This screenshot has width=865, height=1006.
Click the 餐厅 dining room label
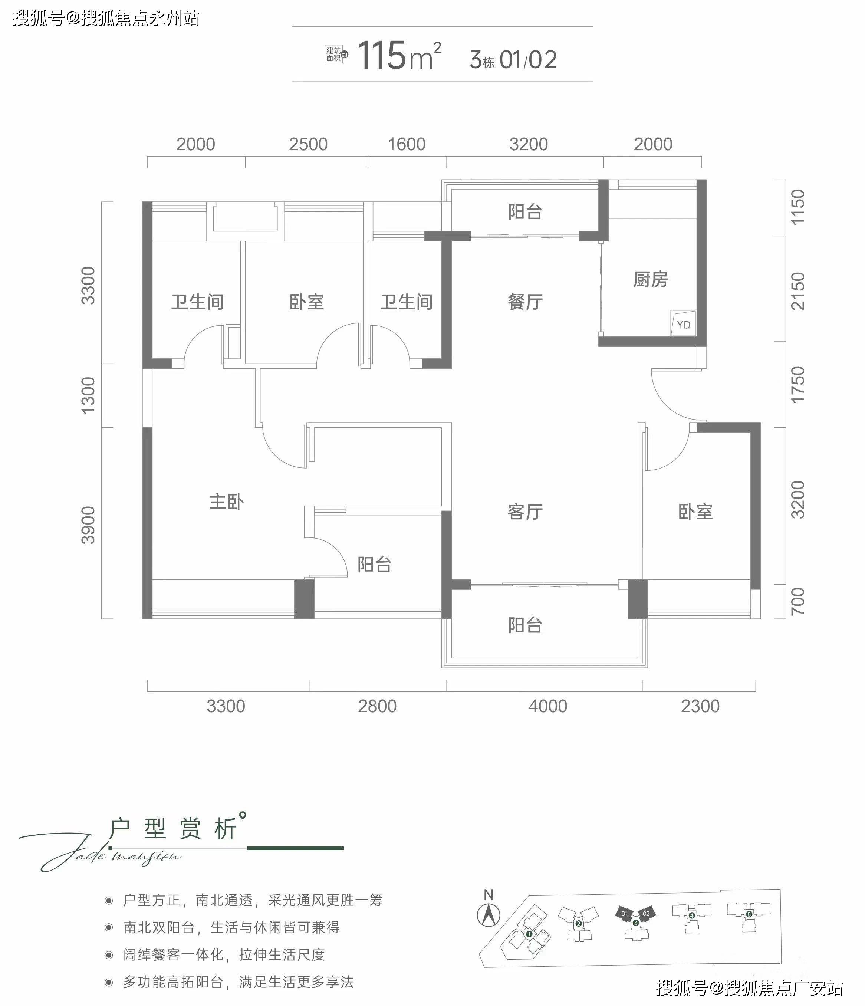(525, 302)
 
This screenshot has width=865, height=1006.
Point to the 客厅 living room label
(525, 512)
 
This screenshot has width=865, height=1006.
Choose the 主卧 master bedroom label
(226, 502)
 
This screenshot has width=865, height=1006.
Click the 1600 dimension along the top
(406, 144)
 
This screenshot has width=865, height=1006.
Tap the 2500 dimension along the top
(308, 144)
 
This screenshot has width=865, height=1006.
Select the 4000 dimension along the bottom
(547, 706)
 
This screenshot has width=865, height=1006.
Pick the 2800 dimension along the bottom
(377, 706)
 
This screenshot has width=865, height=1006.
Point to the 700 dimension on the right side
(797, 601)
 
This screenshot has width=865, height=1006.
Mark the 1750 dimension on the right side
(797, 385)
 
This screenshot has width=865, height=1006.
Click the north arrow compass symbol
(488, 915)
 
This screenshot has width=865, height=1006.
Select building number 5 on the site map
(749, 914)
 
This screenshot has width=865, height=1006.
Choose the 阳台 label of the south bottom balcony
(525, 625)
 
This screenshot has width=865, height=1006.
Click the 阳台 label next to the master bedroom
(374, 564)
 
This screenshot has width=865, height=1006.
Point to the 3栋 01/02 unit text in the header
(513, 60)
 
